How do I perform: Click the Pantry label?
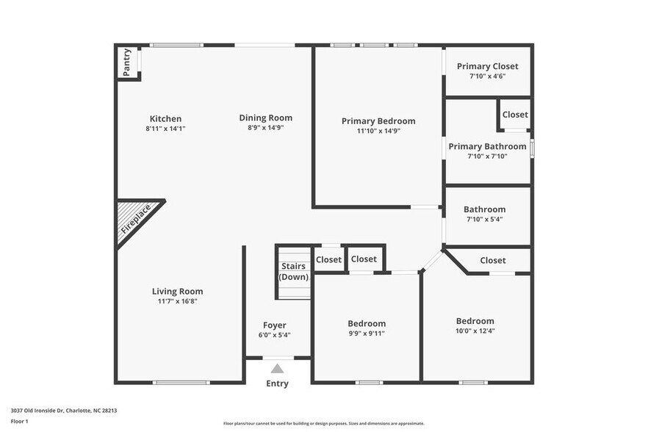(x=127, y=62)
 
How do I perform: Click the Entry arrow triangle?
(x=277, y=369)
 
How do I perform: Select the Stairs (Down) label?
(x=293, y=272)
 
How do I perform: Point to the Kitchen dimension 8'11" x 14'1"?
(x=165, y=129)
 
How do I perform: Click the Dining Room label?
(x=266, y=118)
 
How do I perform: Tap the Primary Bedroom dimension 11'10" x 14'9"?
(x=378, y=131)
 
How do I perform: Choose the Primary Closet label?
(x=487, y=66)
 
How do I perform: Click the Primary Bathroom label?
(x=487, y=146)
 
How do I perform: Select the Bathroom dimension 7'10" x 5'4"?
(x=484, y=219)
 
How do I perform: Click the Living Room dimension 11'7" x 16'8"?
(x=177, y=300)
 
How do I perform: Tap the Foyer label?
(x=275, y=325)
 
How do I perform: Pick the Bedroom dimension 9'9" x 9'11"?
(x=367, y=333)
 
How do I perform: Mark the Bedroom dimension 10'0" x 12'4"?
(x=475, y=331)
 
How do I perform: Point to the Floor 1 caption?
(x=20, y=421)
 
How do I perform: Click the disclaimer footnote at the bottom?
(x=324, y=423)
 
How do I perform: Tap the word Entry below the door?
(x=277, y=384)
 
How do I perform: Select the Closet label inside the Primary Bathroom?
(x=515, y=115)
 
